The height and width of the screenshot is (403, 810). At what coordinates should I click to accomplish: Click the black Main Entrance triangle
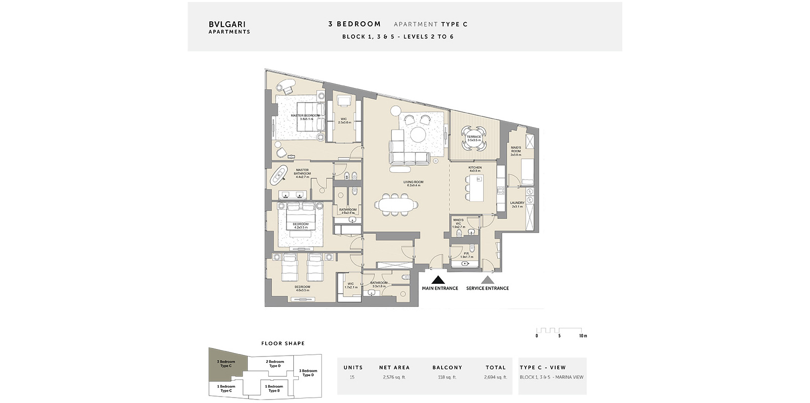point(440,279)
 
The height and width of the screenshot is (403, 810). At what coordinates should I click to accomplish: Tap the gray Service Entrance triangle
point(487,279)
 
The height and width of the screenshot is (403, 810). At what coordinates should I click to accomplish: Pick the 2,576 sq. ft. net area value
point(394,377)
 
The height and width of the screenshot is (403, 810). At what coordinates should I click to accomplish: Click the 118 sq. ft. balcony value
point(447,377)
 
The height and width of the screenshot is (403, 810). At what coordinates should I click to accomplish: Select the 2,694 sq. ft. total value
point(495,377)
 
